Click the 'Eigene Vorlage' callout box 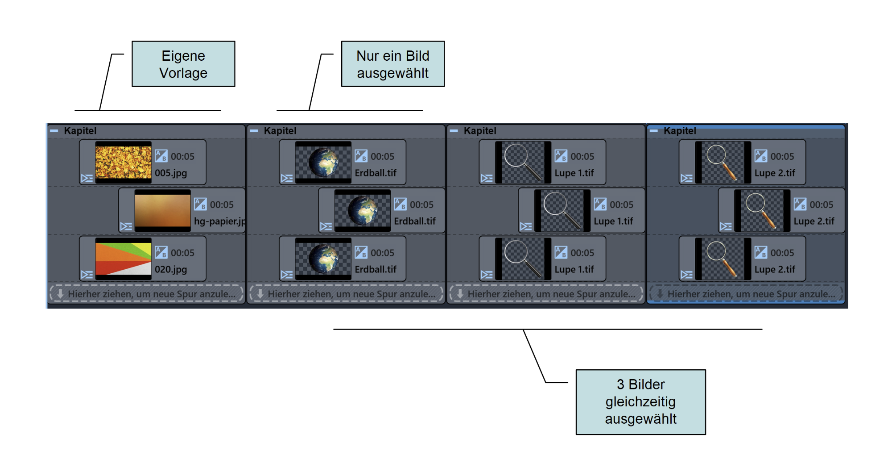183,64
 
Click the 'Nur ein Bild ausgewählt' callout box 392,64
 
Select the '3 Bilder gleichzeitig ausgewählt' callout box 640,402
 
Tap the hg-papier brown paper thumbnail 162,210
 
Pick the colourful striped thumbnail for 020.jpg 123,259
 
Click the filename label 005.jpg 171,173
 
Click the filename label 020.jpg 171,270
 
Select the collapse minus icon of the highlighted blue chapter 654,131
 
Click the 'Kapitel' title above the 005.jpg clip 80,131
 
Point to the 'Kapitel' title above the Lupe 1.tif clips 480,131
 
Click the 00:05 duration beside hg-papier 222,205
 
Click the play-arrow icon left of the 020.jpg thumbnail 87,274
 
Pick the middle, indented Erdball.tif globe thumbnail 362,210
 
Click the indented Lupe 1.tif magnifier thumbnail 562,210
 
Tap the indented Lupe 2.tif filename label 814,221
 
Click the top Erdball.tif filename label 376,173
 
